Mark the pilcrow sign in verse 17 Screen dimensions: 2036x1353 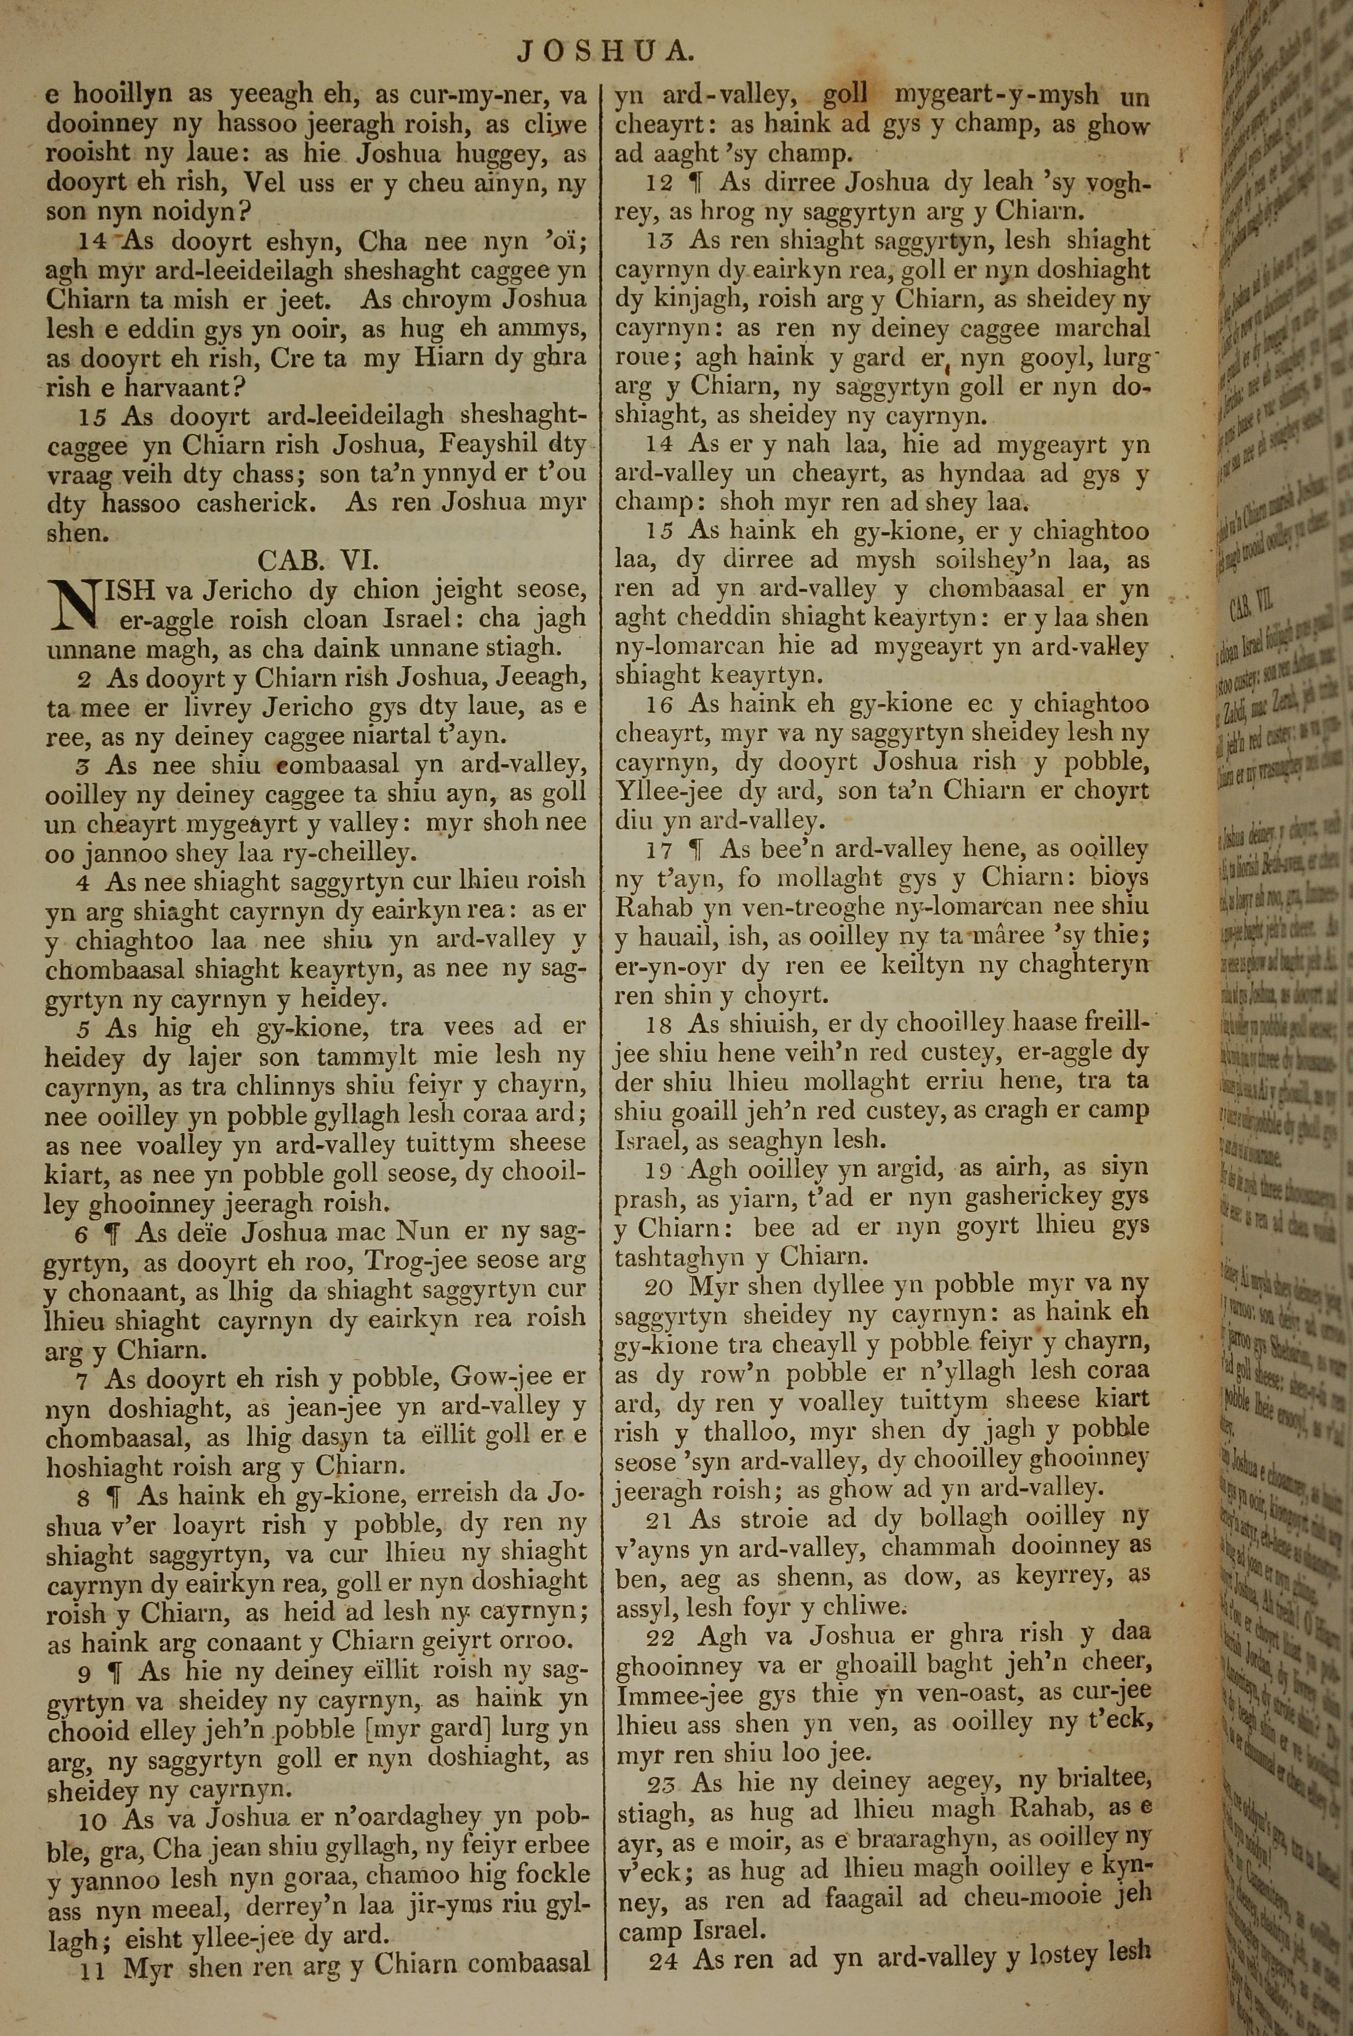click(x=699, y=849)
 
